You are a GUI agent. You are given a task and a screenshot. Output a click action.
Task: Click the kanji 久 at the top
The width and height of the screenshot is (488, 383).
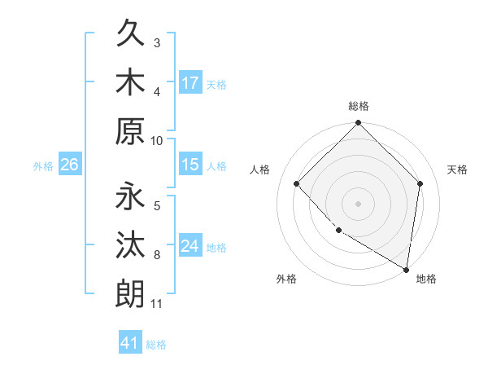point(130,35)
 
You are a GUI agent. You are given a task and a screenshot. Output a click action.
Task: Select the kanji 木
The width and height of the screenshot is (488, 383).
point(130,82)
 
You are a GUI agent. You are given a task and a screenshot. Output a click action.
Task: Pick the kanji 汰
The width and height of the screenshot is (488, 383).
point(130,245)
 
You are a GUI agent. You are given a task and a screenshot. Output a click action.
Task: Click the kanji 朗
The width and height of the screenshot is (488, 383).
point(130,293)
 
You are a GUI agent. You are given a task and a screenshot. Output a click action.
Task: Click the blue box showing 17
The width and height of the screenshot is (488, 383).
point(190,83)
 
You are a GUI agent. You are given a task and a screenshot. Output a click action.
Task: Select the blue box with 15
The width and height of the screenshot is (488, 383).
point(190,165)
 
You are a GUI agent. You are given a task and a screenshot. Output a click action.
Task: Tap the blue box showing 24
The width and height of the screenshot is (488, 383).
point(190,246)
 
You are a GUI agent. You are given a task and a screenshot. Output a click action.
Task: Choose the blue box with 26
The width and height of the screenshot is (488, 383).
point(69,165)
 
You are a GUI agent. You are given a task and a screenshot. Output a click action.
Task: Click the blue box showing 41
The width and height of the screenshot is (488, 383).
point(130,343)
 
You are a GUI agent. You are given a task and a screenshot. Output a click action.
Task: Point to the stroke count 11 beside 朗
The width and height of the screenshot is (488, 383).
point(156,305)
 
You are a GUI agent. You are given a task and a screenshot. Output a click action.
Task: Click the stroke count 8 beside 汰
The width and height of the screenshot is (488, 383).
point(157,255)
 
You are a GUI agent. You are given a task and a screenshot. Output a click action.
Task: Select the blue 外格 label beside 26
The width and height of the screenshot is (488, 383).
point(43,165)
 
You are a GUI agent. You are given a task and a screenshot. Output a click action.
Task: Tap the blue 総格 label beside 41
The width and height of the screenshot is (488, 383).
point(156,344)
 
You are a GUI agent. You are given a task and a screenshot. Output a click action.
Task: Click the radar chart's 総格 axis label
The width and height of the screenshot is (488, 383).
point(359,106)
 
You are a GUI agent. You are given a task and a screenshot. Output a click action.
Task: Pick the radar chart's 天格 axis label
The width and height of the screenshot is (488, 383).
point(457,169)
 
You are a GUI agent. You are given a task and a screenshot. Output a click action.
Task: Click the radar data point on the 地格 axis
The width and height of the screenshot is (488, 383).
point(406,269)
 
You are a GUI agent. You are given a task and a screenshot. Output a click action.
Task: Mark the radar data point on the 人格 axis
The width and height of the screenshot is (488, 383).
point(297,183)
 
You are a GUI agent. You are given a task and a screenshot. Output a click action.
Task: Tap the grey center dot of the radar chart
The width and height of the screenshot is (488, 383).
point(359,203)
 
